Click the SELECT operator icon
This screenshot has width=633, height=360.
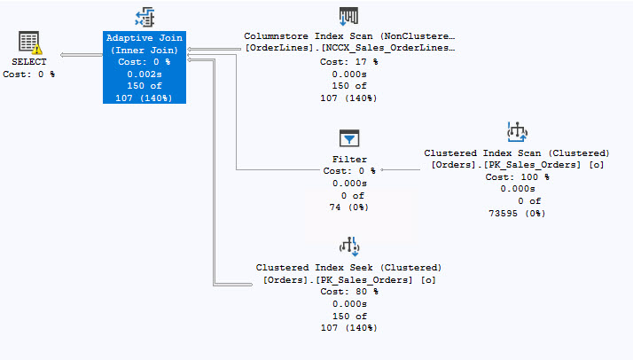tap(29, 43)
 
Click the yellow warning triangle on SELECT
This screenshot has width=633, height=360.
tap(37, 50)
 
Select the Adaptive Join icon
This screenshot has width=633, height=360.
tap(144, 17)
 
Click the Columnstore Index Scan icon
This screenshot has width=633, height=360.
tap(349, 17)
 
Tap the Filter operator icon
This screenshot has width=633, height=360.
tap(349, 137)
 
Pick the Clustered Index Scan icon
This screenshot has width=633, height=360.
tap(517, 131)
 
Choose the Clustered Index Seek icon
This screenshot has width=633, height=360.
tap(349, 246)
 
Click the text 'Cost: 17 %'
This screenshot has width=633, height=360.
tap(349, 61)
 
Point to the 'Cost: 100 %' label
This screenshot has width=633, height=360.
tap(517, 176)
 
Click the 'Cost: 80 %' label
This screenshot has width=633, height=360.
tap(349, 291)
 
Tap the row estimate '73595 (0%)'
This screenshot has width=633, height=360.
tap(517, 213)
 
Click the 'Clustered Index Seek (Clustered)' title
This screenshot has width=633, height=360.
tap(349, 267)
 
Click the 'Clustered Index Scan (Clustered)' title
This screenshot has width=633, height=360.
tap(517, 153)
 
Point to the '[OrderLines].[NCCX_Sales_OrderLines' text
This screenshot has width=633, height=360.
tap(349, 48)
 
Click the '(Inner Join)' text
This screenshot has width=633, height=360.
tap(144, 50)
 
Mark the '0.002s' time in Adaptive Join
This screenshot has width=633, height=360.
tap(144, 74)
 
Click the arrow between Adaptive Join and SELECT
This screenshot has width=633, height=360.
tap(80, 55)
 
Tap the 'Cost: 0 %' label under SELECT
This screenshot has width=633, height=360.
tap(29, 74)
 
